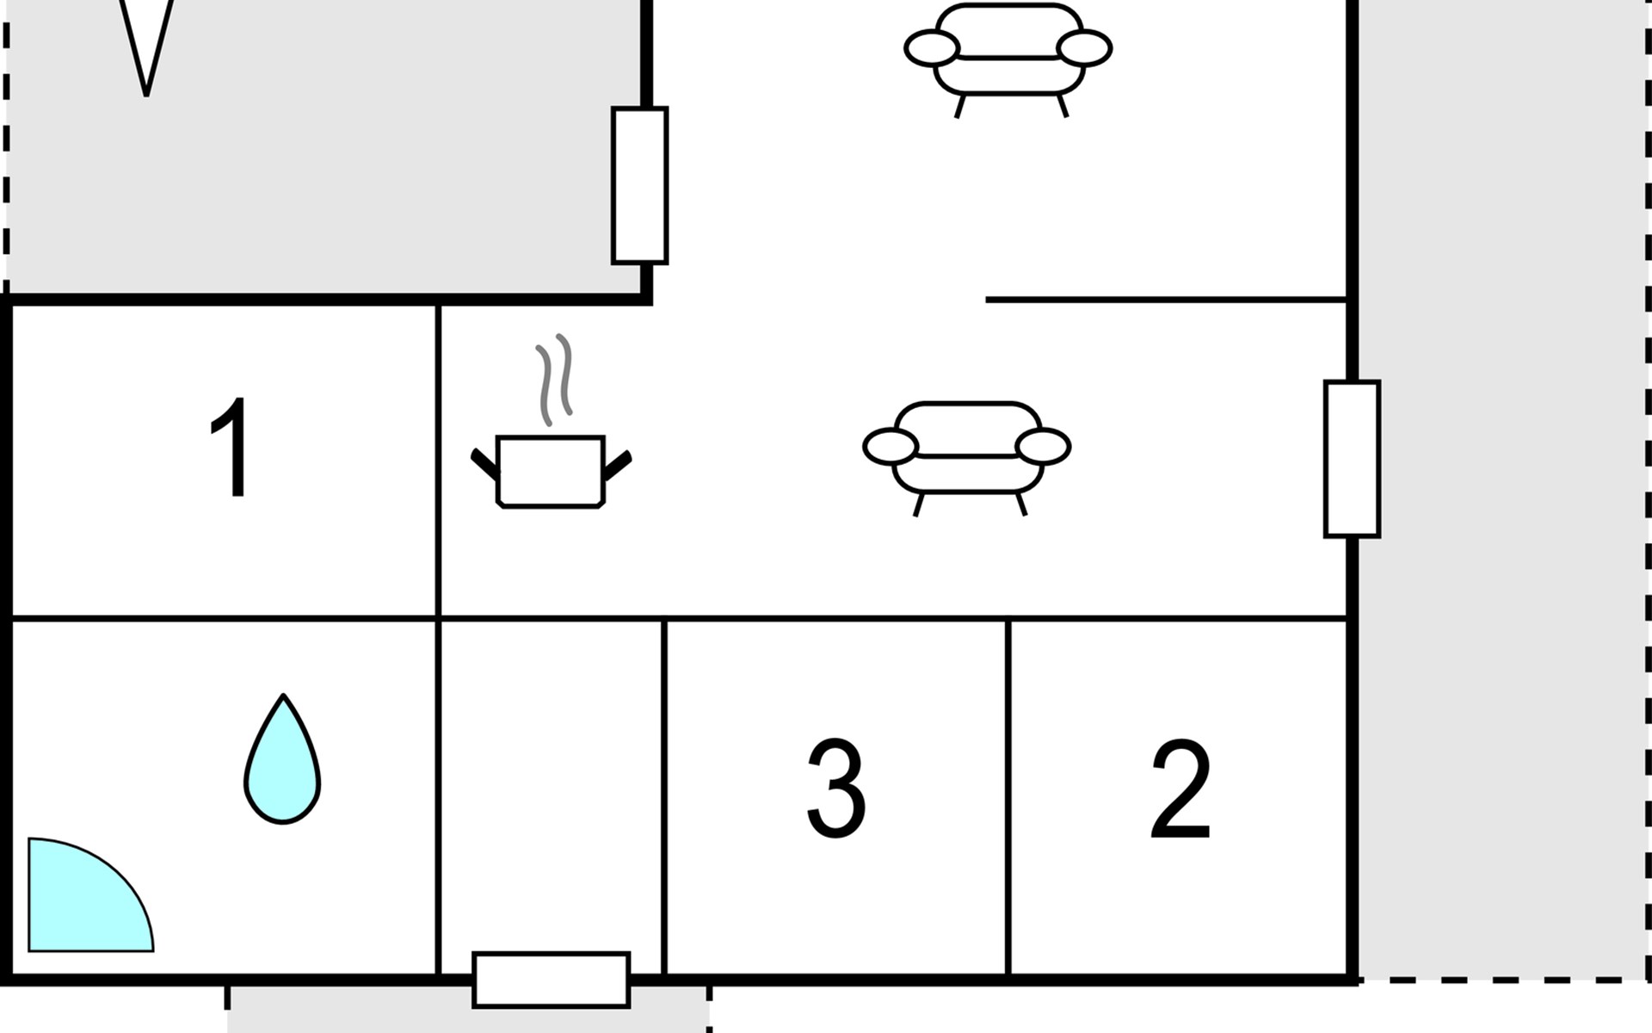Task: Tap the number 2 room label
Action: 1180,789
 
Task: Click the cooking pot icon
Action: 551,471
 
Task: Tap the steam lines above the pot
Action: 554,379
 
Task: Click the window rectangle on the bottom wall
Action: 552,980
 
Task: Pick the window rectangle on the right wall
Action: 1352,459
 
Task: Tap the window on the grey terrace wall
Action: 639,185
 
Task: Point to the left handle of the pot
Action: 484,463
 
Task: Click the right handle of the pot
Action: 618,465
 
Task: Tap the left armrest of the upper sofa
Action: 932,48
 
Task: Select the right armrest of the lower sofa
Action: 1043,447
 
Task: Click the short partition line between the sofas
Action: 1165,300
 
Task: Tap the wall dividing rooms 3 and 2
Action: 1008,796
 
